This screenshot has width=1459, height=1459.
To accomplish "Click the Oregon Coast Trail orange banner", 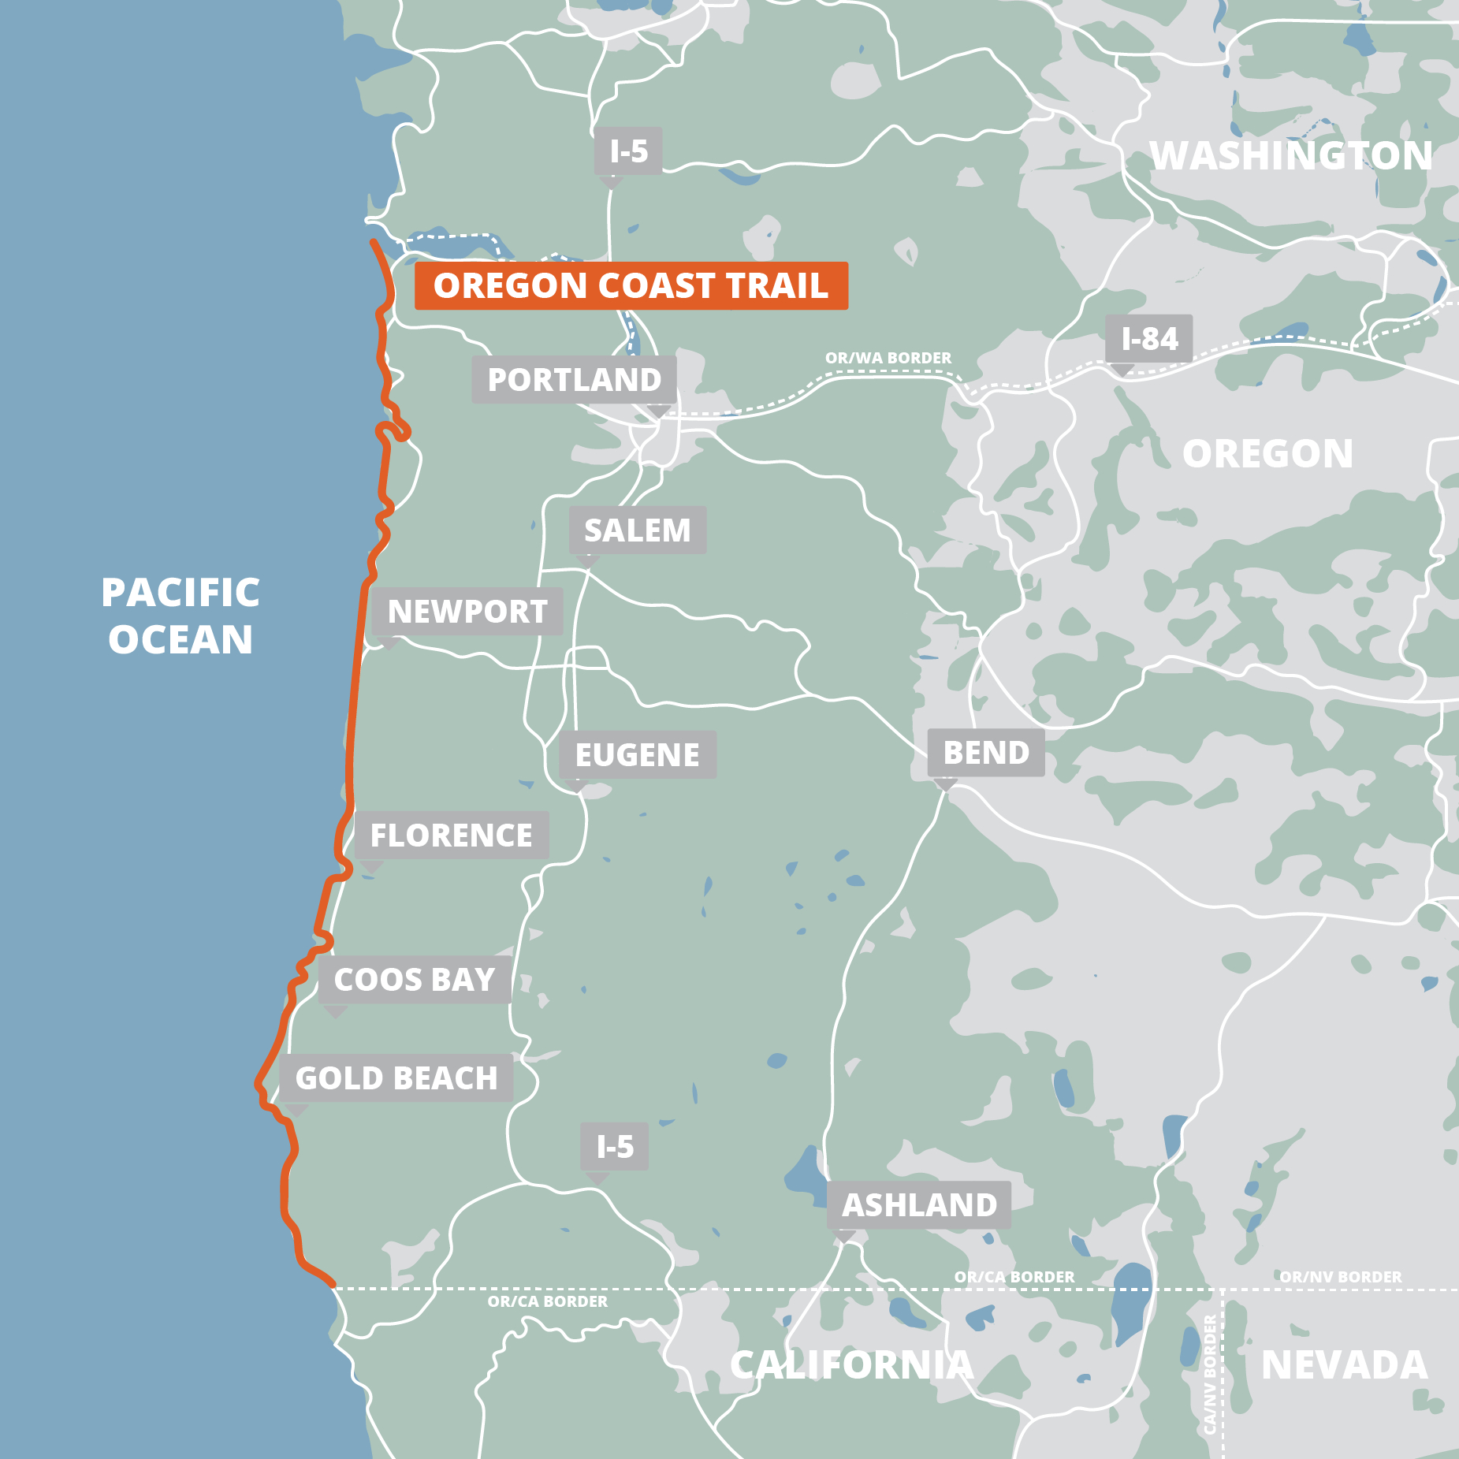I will click(x=631, y=285).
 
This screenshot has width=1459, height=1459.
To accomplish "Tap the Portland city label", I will click(x=574, y=380).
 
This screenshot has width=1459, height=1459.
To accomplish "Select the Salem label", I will click(x=637, y=530).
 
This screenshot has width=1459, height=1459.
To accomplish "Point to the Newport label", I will click(x=467, y=612).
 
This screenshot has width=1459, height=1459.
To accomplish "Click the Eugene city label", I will click(x=637, y=755).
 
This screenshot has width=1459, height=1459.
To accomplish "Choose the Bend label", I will click(x=985, y=753).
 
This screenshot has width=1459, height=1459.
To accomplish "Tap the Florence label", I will click(x=451, y=836).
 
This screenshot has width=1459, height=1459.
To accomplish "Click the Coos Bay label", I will click(x=415, y=980).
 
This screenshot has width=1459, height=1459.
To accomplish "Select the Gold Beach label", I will click(x=396, y=1078).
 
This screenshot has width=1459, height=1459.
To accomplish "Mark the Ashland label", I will click(x=919, y=1205).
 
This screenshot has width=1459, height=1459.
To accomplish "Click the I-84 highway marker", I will click(x=1148, y=339).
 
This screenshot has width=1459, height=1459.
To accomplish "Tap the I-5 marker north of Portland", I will click(x=628, y=151).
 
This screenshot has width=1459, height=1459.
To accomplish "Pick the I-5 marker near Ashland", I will click(x=614, y=1147).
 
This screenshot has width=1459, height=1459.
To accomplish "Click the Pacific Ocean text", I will click(x=181, y=616).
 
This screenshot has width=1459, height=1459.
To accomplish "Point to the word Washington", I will click(x=1290, y=156).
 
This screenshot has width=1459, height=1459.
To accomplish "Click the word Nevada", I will click(x=1344, y=1365).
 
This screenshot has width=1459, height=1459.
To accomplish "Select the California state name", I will click(x=851, y=1365).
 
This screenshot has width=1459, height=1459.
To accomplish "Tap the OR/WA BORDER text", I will click(x=888, y=358).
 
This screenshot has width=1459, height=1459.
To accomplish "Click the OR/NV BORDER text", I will click(x=1340, y=1277).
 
